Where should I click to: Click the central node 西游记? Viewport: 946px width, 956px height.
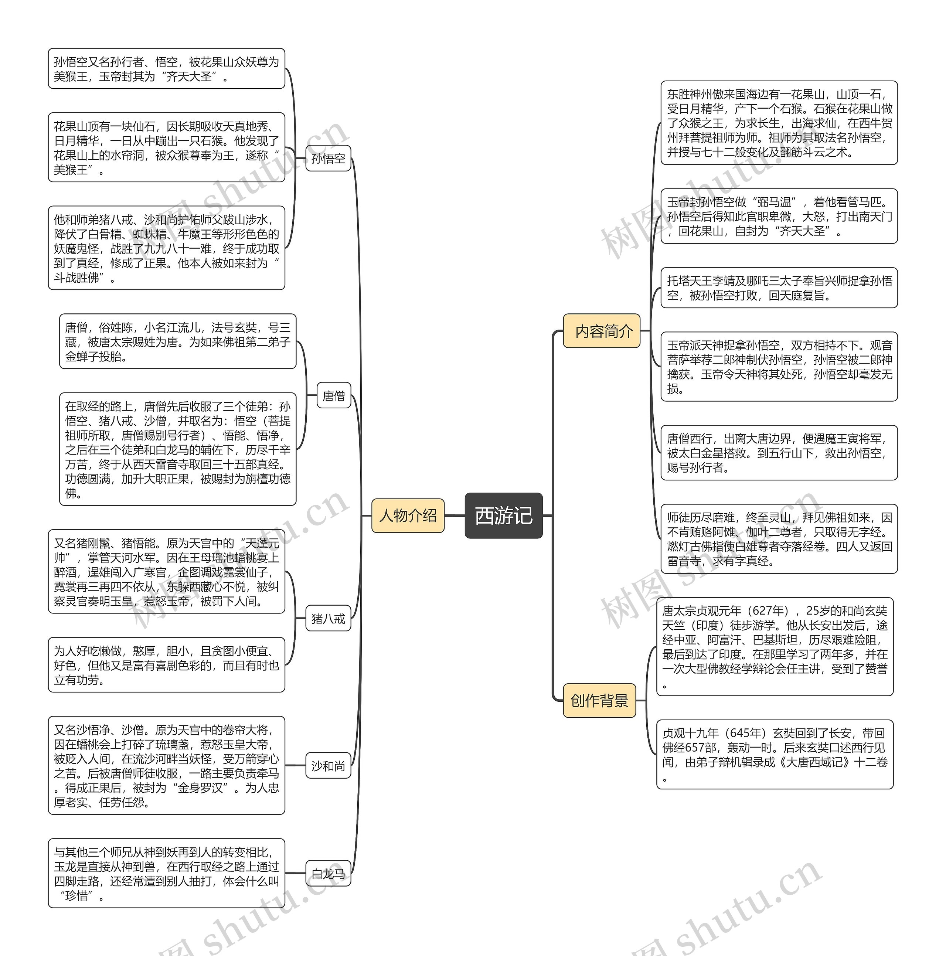(x=503, y=515)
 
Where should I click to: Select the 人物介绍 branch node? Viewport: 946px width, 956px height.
(x=408, y=516)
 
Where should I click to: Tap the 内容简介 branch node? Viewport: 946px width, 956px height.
(x=601, y=330)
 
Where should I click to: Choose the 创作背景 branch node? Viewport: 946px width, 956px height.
(x=599, y=700)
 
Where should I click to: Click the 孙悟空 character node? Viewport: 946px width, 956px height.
(x=328, y=158)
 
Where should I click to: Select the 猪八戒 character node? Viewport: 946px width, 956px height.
(x=328, y=618)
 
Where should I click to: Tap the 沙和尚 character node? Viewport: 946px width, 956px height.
(x=328, y=765)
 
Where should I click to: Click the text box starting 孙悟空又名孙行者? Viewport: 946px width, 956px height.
(x=166, y=69)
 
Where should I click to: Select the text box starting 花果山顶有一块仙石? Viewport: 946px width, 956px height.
(x=166, y=147)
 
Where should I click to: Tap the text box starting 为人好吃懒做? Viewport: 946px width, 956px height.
(x=166, y=665)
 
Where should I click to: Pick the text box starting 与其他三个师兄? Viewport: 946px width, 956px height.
(x=166, y=873)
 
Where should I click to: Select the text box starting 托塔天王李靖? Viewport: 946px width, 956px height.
(x=779, y=288)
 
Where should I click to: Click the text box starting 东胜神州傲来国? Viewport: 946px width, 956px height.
(x=779, y=123)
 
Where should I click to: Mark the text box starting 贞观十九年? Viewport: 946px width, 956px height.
(x=775, y=754)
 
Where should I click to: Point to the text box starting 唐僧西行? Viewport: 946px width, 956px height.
(x=779, y=453)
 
